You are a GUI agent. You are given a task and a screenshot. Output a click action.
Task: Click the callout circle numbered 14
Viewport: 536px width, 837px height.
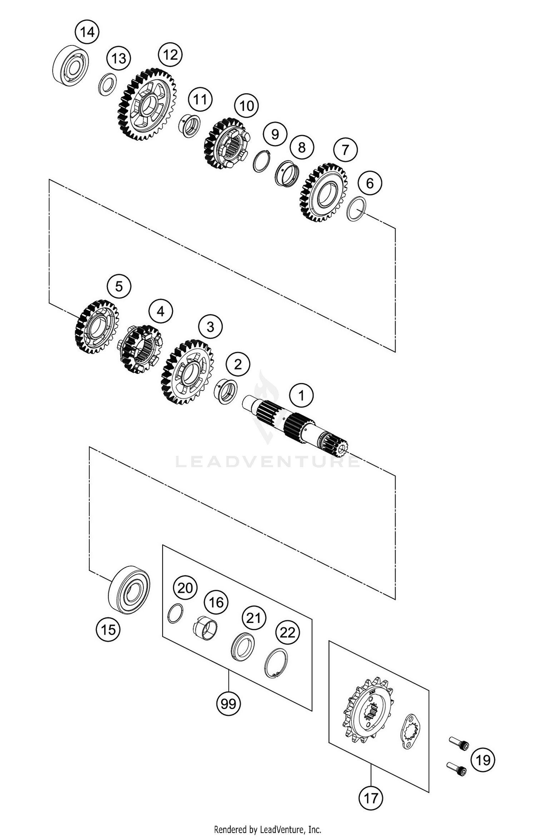tap(87, 32)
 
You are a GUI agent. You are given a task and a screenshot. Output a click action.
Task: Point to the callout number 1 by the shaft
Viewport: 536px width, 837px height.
tap(301, 396)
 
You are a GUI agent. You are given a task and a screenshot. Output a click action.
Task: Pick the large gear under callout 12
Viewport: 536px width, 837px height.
tap(147, 104)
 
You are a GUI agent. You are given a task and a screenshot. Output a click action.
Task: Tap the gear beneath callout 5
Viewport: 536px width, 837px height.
tap(97, 327)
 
